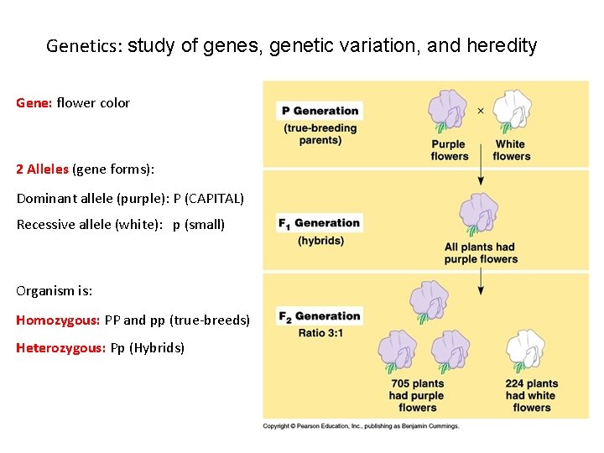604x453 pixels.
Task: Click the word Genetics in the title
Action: click(x=84, y=46)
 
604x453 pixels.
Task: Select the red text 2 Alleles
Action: click(x=43, y=169)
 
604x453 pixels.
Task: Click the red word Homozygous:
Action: click(x=58, y=320)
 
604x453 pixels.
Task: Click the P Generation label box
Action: click(x=320, y=111)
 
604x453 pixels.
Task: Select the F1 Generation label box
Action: click(x=319, y=223)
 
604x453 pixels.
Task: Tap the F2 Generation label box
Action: click(x=319, y=316)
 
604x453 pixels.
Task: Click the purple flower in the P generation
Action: click(x=448, y=112)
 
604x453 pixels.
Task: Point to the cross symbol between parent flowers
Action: click(x=481, y=110)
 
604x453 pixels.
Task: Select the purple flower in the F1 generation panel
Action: click(x=479, y=215)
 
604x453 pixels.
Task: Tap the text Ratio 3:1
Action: click(x=320, y=333)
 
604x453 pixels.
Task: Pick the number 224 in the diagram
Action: click(x=518, y=384)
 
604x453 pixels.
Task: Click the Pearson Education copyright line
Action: click(x=361, y=426)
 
